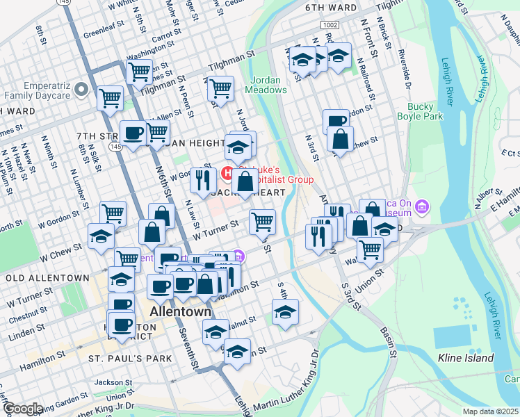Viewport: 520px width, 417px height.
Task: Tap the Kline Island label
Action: pos(466,359)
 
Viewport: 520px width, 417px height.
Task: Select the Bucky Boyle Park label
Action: pos(415,112)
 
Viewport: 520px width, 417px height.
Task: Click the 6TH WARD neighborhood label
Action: pos(330,8)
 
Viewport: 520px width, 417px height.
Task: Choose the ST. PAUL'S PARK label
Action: pos(130,359)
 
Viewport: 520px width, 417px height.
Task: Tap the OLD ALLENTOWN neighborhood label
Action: pos(44,277)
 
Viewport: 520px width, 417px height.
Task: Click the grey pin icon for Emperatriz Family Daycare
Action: pos(81,89)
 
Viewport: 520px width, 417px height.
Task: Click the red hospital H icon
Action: pos(227,172)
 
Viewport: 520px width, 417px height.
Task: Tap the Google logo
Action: pos(22,409)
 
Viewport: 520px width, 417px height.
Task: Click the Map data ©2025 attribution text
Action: pos(491,411)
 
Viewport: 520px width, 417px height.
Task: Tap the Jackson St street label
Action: pos(113,382)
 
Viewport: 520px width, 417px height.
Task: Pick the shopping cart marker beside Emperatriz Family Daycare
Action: pos(110,98)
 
